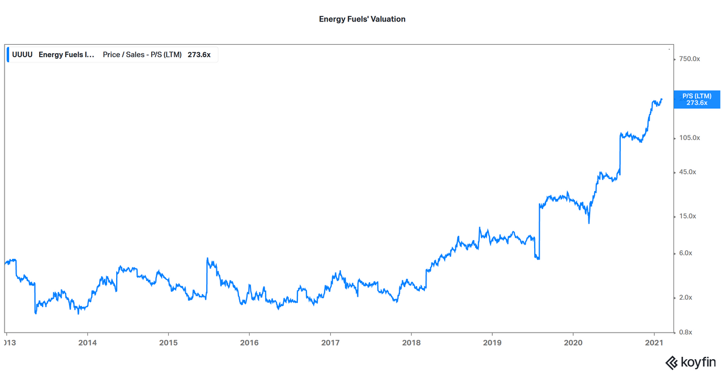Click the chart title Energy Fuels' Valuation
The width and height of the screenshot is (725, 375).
point(362,19)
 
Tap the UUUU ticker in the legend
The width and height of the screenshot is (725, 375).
point(22,55)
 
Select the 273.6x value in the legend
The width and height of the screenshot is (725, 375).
point(199,55)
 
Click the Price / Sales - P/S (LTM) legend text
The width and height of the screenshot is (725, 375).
point(142,55)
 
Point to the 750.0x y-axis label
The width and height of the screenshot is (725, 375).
point(689,59)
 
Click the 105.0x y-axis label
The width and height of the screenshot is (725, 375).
point(689,138)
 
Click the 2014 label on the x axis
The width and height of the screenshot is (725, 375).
point(87,343)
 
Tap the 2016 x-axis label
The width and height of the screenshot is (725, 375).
point(249,343)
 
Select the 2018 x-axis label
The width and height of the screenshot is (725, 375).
point(411,343)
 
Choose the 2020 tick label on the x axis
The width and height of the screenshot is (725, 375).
point(573,343)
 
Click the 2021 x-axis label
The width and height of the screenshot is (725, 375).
point(654,343)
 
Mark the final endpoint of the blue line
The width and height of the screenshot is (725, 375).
point(662,99)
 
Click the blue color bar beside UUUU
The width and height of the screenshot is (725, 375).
point(8,55)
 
